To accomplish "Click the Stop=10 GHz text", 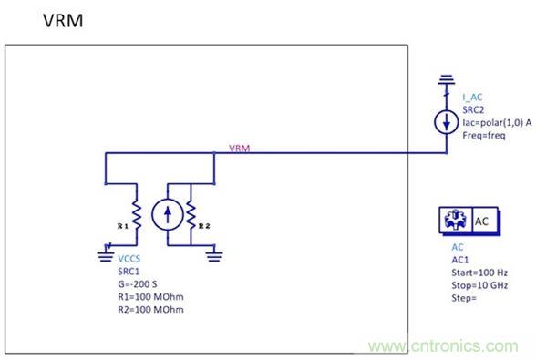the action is click(478, 283).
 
